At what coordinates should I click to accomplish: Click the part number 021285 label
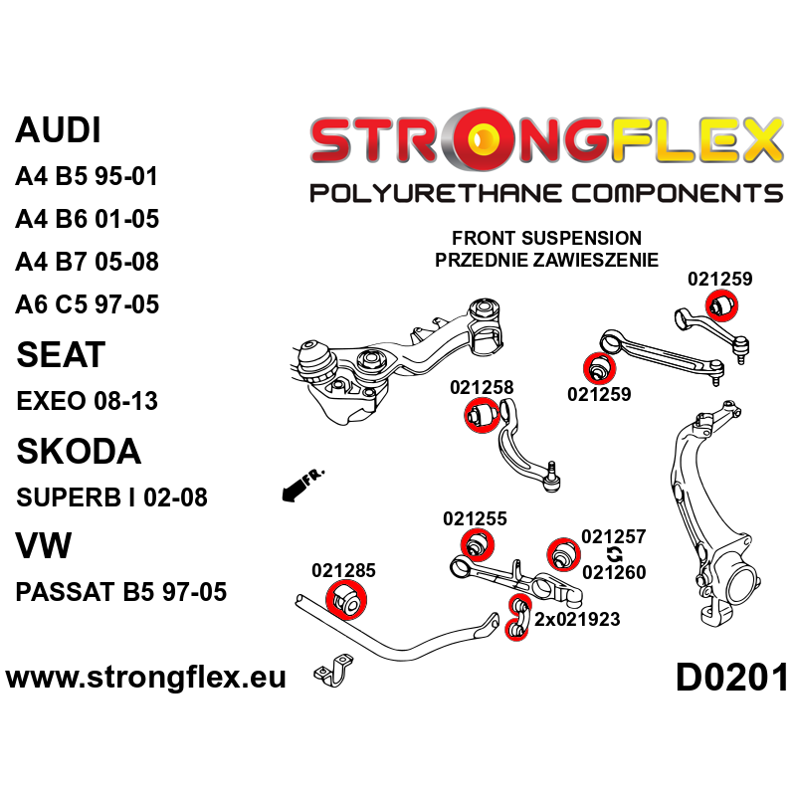[x=343, y=571]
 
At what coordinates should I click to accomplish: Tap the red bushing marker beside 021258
[x=481, y=415]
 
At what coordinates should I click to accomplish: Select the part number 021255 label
[x=475, y=518]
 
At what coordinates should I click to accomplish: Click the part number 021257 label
[x=614, y=536]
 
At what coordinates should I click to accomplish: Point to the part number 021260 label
[x=614, y=572]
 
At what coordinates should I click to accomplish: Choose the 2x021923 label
[x=577, y=619]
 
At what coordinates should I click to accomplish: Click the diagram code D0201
[x=731, y=679]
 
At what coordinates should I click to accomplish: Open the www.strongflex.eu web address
[x=146, y=679]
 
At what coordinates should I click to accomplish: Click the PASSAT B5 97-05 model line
[x=121, y=592]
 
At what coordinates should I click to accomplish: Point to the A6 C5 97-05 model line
[x=87, y=304]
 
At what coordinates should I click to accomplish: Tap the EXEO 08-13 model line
[x=88, y=401]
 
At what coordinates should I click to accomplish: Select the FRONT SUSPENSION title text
[x=546, y=239]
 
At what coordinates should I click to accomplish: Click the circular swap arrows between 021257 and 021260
[x=614, y=554]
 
